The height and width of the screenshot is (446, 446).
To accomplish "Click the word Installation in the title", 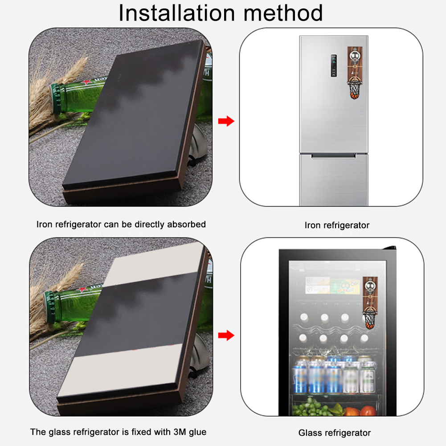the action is click(176, 13).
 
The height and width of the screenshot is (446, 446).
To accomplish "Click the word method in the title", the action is click(283, 13).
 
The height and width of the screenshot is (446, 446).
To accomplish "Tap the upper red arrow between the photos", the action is click(226, 121).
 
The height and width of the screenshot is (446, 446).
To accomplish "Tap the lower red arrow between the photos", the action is click(226, 335).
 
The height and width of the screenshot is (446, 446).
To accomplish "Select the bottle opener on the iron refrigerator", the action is click(355, 73).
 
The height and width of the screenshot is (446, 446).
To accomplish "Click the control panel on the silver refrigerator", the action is click(334, 65).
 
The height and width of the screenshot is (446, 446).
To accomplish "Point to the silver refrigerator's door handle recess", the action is click(333, 156).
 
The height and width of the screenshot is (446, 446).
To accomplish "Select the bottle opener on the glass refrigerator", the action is click(370, 303).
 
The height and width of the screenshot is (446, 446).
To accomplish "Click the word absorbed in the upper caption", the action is click(186, 224).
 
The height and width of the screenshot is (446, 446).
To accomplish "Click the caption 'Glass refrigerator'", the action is click(335, 433).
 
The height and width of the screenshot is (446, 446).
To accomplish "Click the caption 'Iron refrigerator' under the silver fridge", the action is click(337, 225).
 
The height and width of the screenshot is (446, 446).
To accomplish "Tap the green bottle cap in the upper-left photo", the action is click(55, 99).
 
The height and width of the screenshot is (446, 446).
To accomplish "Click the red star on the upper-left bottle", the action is click(86, 82).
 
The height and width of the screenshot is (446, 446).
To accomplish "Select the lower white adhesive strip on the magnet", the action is click(120, 370).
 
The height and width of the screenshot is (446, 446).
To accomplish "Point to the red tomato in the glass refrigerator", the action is click(369, 411).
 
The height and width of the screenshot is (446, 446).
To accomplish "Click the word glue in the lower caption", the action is click(197, 432).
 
